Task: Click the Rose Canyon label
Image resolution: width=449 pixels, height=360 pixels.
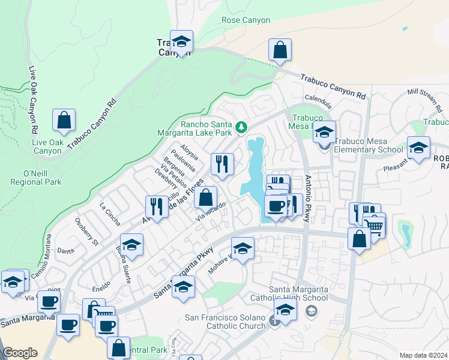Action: point(246,20)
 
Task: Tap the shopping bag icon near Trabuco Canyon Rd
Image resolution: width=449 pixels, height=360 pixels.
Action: point(280,50)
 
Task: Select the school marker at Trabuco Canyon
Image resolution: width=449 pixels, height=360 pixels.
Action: point(181,42)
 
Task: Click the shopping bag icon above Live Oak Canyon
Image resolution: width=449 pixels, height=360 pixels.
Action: point(64,120)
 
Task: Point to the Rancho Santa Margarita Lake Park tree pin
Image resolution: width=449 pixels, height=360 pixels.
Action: point(241,127)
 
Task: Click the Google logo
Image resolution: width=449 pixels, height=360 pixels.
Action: point(20,353)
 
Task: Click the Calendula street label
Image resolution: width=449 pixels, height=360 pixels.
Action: point(318,98)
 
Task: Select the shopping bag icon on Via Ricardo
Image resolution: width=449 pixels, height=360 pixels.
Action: point(205,197)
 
